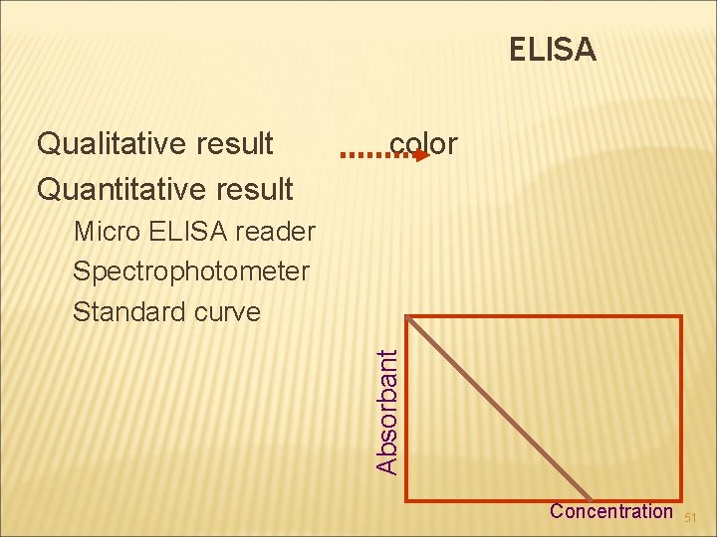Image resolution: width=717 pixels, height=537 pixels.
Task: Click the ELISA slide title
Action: pyautogui.click(x=553, y=49)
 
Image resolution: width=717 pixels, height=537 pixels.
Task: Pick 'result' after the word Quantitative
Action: pyautogui.click(x=253, y=188)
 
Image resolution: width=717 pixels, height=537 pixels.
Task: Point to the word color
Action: pyautogui.click(x=423, y=144)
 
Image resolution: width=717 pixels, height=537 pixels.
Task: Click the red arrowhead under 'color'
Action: pyautogui.click(x=420, y=156)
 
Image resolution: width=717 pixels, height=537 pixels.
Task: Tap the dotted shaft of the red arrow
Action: pyautogui.click(x=373, y=156)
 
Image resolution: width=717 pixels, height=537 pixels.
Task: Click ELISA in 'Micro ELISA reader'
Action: pyautogui.click(x=188, y=233)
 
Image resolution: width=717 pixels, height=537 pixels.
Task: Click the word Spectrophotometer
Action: pyautogui.click(x=191, y=271)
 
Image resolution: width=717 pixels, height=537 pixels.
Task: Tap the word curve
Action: pyautogui.click(x=224, y=311)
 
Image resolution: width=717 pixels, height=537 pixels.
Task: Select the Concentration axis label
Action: pyautogui.click(x=611, y=511)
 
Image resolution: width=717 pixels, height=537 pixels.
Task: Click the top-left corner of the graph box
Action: pyautogui.click(x=408, y=318)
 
